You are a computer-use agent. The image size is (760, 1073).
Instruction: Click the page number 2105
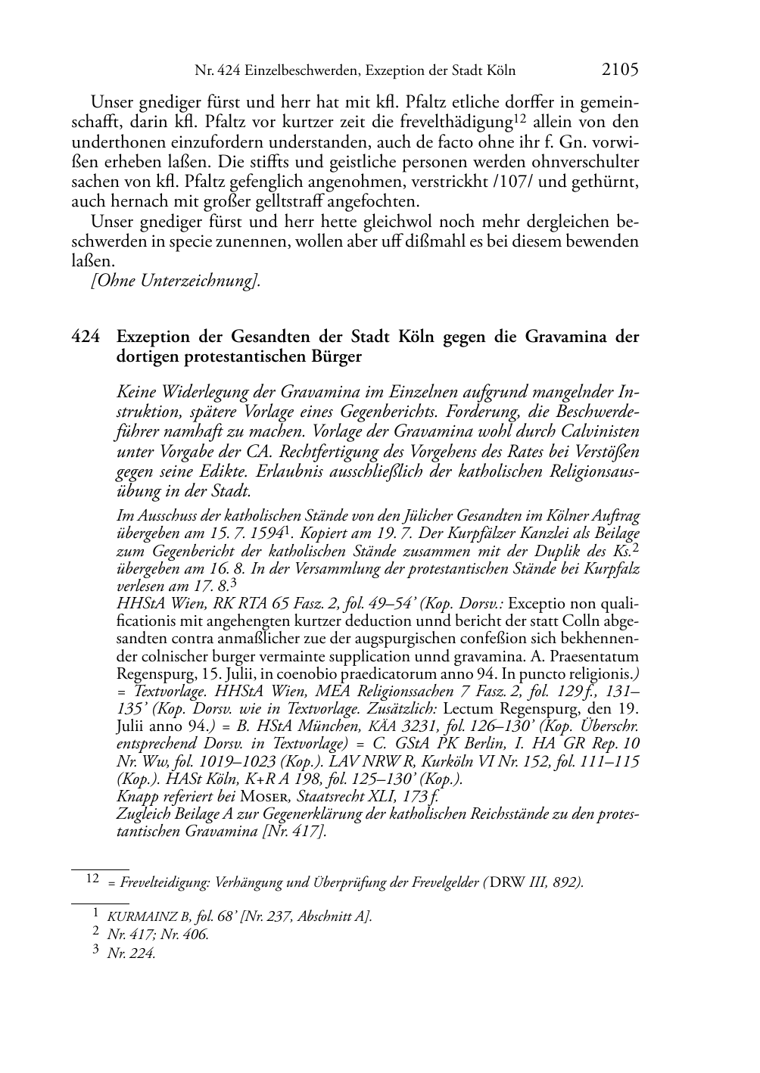pyautogui.click(x=620, y=70)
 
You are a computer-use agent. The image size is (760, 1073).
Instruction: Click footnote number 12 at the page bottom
pyautogui.click(x=93, y=879)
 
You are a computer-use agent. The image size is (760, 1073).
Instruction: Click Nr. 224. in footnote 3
pyautogui.click(x=132, y=953)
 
